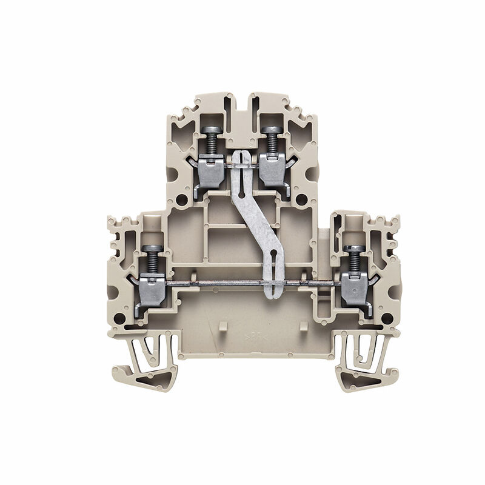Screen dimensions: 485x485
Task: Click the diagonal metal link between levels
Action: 255,218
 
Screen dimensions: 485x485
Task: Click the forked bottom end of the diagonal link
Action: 270,276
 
